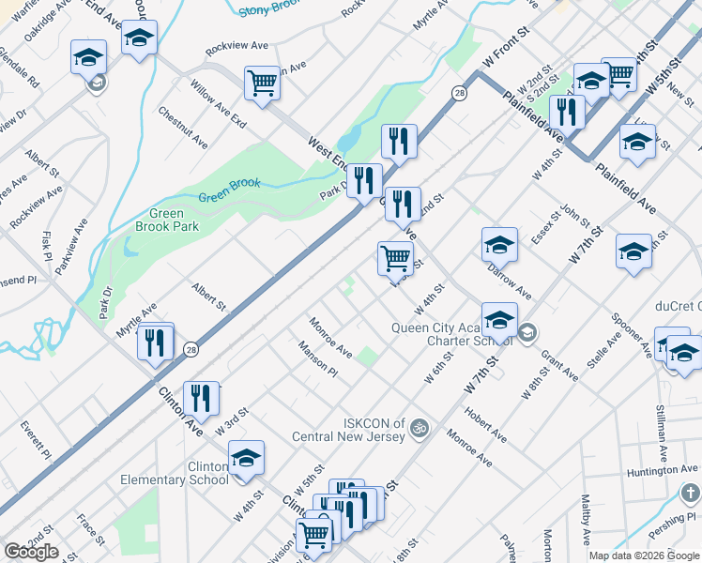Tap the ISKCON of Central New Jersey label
point(348,429)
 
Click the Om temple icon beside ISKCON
point(420,428)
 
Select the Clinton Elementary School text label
point(175,473)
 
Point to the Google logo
point(31,552)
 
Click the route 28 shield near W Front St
point(459,92)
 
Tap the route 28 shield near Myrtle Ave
point(190,347)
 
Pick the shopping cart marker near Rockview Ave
point(262,83)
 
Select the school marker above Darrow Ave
point(499,245)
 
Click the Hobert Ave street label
point(485,425)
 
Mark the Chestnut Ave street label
point(183,129)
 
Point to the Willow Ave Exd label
point(218,104)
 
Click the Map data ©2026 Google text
point(644,555)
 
